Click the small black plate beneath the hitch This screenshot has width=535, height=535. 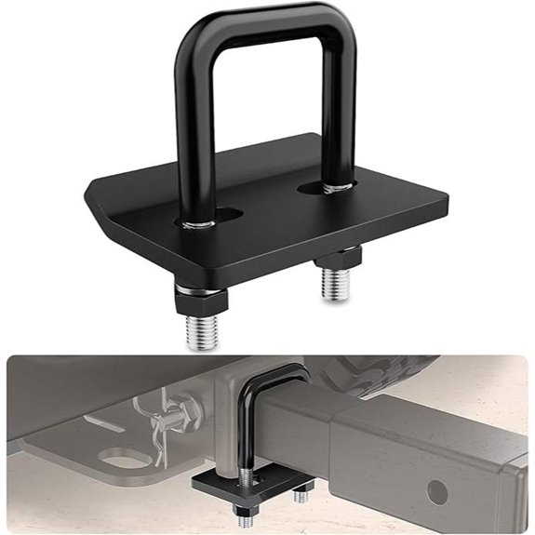[x=233, y=488]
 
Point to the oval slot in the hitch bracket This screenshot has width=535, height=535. [x=119, y=459]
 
